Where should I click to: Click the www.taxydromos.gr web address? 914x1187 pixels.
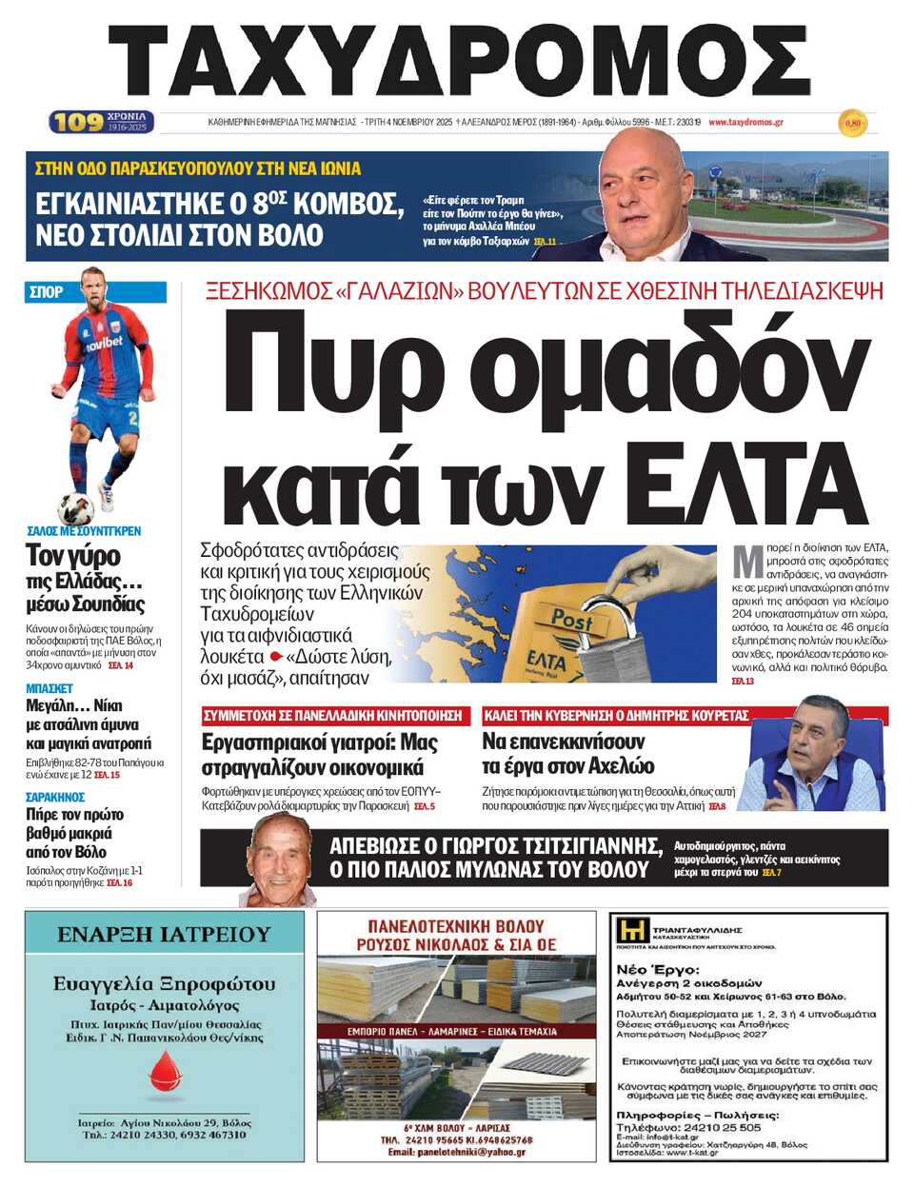coord(745,123)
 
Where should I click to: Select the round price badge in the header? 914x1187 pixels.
coord(852,123)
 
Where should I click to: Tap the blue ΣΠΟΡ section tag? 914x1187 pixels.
coord(46,292)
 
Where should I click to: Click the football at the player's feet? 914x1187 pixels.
coord(75,507)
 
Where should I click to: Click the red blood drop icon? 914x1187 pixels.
coord(165,1071)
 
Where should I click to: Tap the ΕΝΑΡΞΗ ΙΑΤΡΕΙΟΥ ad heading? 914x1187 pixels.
coord(164,935)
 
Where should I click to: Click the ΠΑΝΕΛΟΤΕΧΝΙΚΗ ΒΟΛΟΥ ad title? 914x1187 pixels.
coord(456,925)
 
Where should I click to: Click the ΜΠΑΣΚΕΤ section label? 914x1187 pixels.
coord(50,688)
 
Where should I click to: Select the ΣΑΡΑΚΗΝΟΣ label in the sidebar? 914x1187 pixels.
coord(55,797)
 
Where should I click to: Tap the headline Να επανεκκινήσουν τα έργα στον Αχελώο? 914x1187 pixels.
coord(567,753)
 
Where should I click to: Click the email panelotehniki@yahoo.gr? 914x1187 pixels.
coord(456,1152)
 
